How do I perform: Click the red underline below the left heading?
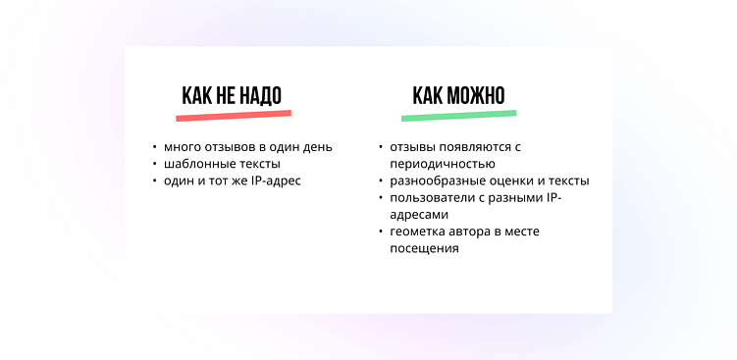pos(234,116)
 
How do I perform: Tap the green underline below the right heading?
pos(459,116)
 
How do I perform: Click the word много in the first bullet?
pos(183,147)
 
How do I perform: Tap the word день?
pos(317,147)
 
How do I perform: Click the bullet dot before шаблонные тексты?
pos(155,164)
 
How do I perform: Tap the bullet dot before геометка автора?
pos(381,231)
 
